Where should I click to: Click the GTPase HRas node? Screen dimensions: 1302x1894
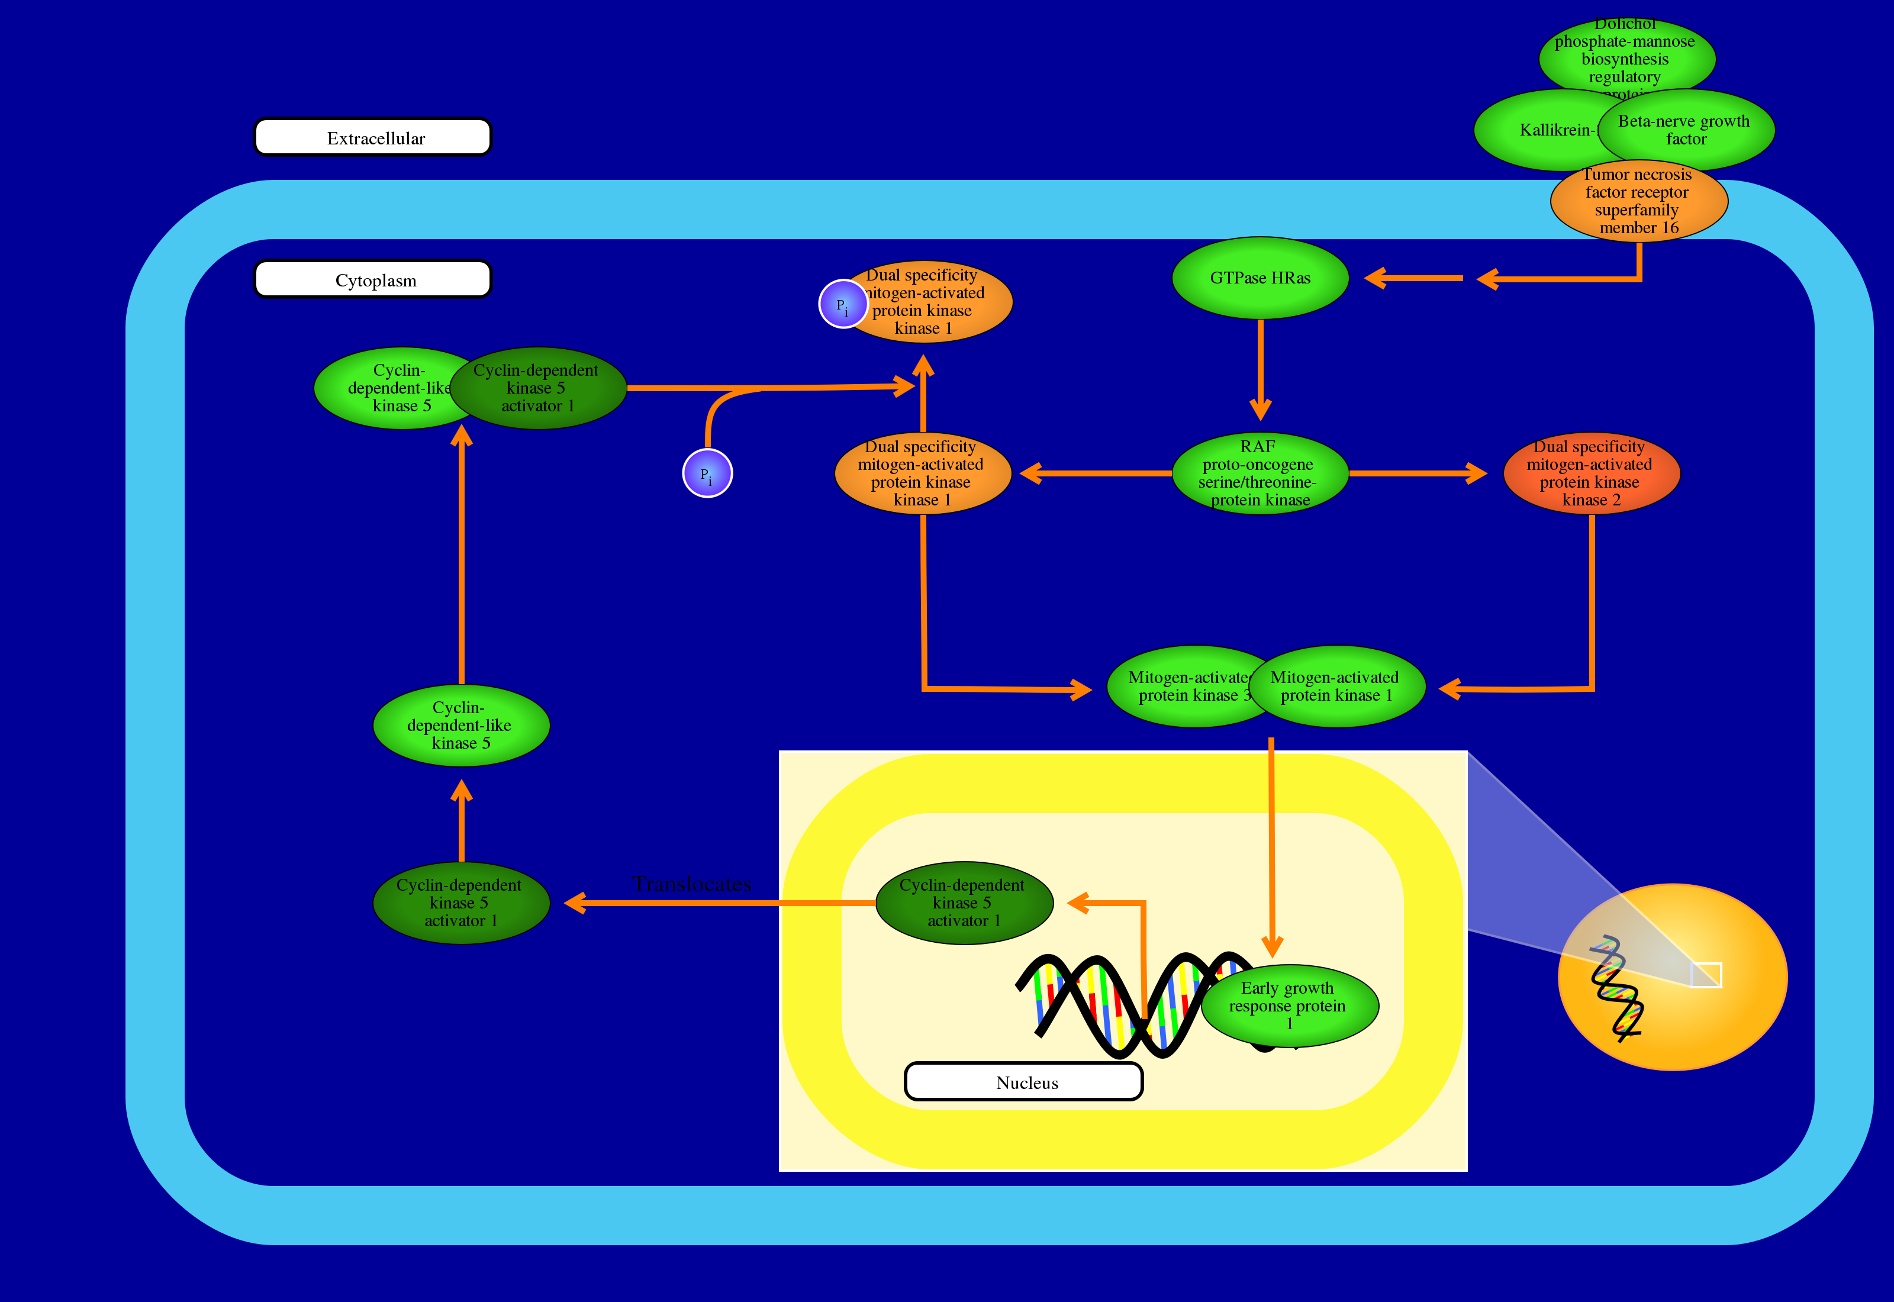click(x=1260, y=278)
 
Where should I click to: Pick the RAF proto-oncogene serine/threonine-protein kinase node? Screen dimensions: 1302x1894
click(x=1260, y=473)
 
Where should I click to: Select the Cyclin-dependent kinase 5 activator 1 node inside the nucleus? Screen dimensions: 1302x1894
click(x=964, y=903)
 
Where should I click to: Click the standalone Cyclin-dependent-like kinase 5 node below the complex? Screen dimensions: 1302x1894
click(x=461, y=725)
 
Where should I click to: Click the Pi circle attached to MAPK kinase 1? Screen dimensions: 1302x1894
click(x=843, y=304)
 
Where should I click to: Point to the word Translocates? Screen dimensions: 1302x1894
click(x=692, y=884)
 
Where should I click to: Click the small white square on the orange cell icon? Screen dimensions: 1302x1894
click(x=1706, y=975)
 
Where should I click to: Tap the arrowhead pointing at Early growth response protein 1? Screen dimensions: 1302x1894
click(x=1271, y=946)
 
